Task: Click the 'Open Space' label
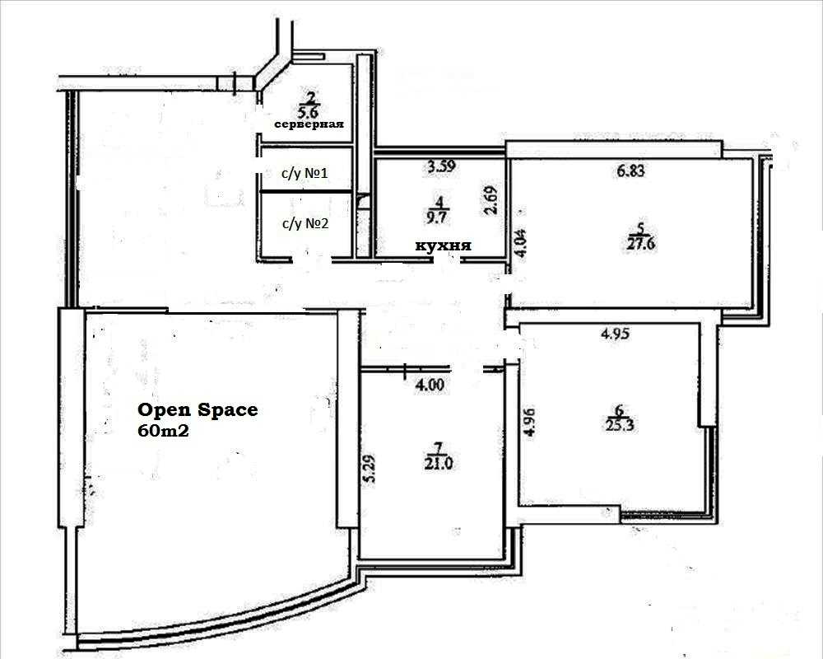(x=198, y=410)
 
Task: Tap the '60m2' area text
(x=163, y=431)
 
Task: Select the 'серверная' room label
(x=309, y=124)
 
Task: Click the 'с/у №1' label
(x=305, y=173)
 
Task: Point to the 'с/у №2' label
(x=305, y=224)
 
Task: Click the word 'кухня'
(x=444, y=245)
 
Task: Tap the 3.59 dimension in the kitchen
(x=441, y=166)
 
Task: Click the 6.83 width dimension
(x=630, y=171)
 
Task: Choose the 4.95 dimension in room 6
(x=614, y=334)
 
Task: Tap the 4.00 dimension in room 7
(x=430, y=386)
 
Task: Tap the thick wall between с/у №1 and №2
(x=306, y=192)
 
